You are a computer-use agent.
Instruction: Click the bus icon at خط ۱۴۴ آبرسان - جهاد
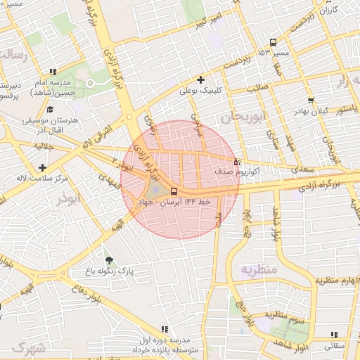click(x=173, y=191)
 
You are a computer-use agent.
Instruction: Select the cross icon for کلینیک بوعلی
click(x=201, y=79)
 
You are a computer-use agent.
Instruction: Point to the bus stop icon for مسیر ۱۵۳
click(x=273, y=42)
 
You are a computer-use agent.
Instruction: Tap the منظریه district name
click(x=258, y=269)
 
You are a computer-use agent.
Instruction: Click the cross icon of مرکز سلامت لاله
click(x=44, y=167)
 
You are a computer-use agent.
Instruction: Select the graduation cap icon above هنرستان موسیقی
click(x=50, y=110)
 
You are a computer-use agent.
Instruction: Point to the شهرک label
click(x=28, y=347)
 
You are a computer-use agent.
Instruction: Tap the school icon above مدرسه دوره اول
click(x=165, y=329)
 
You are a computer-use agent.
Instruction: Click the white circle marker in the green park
click(x=90, y=84)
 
